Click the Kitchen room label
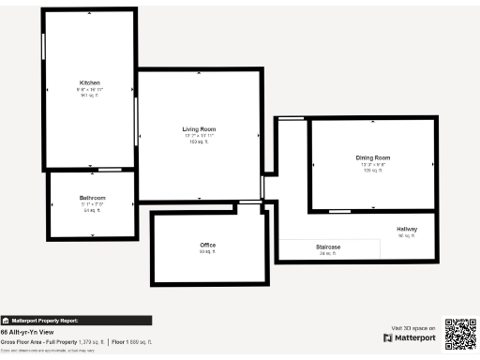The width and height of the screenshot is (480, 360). point(90,82)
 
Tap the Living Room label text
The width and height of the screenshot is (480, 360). point(199,128)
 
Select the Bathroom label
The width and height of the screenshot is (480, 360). point(92,198)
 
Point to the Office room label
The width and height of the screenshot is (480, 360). point(207,245)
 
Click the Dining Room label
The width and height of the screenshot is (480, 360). point(372,157)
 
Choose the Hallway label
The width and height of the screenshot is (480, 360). point(407,229)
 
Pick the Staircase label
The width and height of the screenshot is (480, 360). point(327,247)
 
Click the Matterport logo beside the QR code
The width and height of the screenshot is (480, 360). point(410,337)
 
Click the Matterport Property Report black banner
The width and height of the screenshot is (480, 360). point(75,320)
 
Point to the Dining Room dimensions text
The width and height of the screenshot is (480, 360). point(372,164)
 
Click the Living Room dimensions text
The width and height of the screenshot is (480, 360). point(199,135)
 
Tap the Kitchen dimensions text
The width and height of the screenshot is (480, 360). point(90,89)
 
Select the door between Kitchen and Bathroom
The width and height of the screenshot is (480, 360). point(110,170)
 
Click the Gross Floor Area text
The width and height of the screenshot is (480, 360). point(52,342)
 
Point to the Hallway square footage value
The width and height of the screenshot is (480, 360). point(406,235)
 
